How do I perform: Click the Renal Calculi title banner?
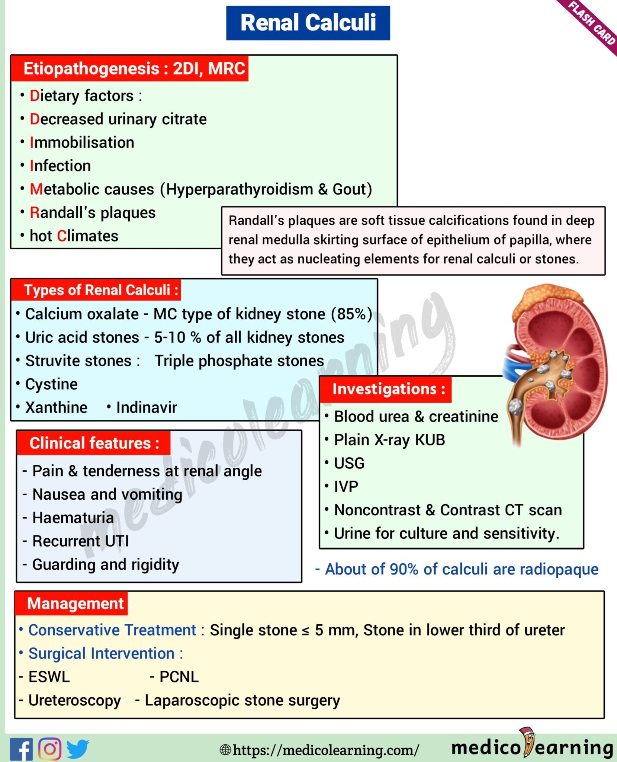pos(308,23)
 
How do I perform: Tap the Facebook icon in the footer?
pos(21,749)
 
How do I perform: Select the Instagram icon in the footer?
pos(50,749)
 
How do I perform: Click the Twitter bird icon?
pos(77,749)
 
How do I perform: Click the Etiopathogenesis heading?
pos(129,68)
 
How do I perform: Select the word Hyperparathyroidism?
pos(239,189)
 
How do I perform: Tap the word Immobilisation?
pos(82,143)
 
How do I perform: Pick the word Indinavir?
pos(147,407)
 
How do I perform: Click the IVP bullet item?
pos(346,487)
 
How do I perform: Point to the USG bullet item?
pos(349,463)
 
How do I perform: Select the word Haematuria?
pos(73,518)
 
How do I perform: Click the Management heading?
pos(75,603)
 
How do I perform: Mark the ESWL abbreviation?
pos(49,677)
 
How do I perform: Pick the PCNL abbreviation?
pos(179,677)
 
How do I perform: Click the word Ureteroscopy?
pos(74,700)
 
